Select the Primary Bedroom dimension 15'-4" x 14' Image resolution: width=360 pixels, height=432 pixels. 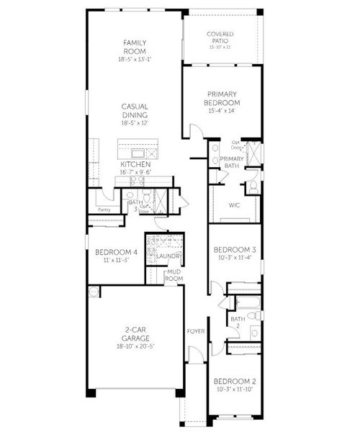[x=222, y=111]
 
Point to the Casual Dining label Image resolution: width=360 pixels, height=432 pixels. [x=135, y=110]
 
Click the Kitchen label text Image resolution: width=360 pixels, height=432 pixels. [x=135, y=164]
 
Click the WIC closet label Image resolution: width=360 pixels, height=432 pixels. [x=234, y=204]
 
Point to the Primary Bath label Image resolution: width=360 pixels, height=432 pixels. [x=231, y=162]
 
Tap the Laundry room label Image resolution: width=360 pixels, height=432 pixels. [x=170, y=256]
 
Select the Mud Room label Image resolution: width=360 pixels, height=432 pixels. [x=174, y=274]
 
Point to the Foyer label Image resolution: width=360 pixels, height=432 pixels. [x=195, y=331]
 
